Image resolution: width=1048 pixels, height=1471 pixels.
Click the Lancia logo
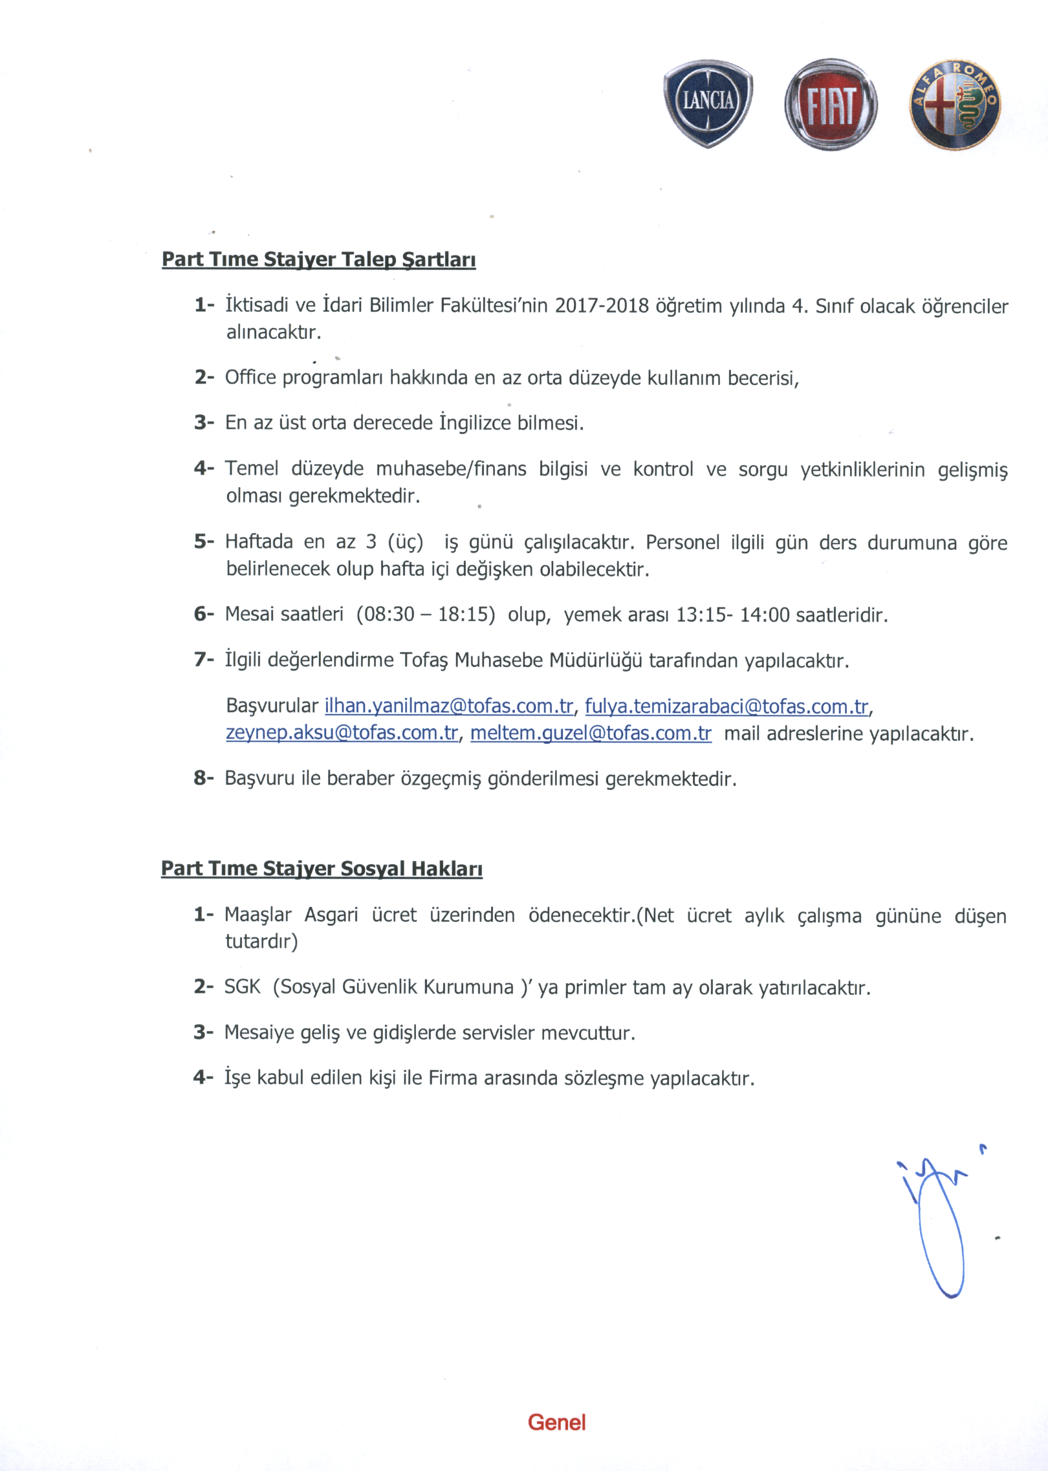point(708,104)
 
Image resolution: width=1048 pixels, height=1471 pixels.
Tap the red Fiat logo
point(831,105)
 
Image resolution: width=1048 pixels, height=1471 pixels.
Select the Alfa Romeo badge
point(955,105)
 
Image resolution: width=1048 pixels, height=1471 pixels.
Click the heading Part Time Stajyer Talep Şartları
point(318,260)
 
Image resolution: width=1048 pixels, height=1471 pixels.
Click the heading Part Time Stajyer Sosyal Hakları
point(322,869)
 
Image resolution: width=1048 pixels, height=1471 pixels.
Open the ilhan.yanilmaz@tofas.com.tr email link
point(448,706)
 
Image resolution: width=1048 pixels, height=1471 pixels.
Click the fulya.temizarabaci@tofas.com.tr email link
point(726,706)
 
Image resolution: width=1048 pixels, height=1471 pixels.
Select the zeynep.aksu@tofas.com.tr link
point(342,733)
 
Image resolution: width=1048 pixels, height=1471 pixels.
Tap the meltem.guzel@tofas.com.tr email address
point(591,733)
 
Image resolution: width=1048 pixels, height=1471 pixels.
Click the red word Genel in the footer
point(556,1422)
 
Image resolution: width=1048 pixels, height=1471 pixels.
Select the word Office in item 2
point(250,377)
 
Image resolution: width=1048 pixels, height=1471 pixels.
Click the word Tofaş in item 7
point(424,660)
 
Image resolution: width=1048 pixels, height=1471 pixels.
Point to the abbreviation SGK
point(242,986)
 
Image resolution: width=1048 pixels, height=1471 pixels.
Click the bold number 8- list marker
point(203,778)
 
